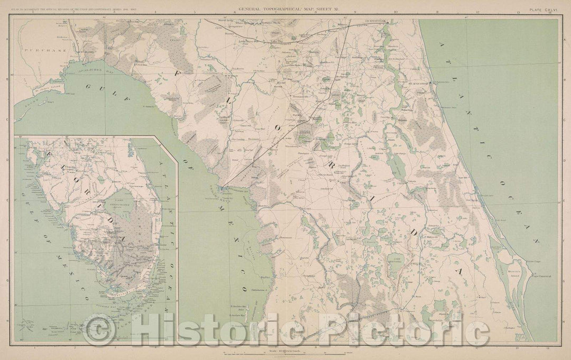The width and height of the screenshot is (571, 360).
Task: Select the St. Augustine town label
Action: [x=418, y=83]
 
